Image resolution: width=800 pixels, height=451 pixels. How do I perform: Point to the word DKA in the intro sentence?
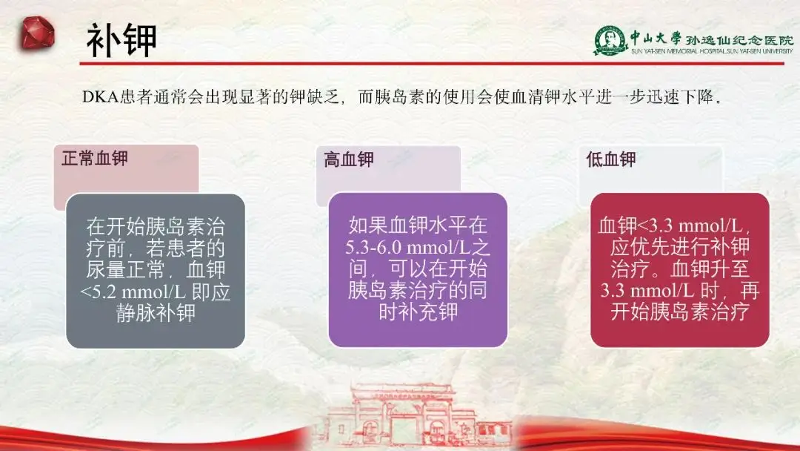click(101, 97)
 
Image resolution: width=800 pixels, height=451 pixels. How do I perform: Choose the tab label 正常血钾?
click(95, 159)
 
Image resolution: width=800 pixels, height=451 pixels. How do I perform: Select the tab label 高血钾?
click(349, 159)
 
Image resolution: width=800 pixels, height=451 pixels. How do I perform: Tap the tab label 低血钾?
click(612, 159)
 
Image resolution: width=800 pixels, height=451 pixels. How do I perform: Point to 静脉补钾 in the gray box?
click(156, 313)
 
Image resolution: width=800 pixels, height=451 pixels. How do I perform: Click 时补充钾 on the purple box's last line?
click(418, 312)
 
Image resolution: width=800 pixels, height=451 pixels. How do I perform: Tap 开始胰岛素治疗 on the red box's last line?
click(680, 312)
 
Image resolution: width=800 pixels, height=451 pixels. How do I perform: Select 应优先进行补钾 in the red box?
click(680, 246)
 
